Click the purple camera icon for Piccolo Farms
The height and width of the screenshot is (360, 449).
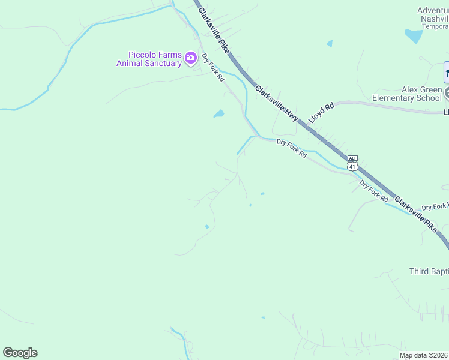coord(191,58)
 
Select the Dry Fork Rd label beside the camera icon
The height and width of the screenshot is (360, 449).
coord(213,67)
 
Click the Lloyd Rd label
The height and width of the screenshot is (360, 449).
coord(321,113)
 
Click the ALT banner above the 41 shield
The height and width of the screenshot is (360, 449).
coord(352,158)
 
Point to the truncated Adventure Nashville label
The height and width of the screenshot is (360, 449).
coord(433,14)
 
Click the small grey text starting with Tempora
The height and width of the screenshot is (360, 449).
coord(435,26)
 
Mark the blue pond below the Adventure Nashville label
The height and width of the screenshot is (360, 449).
coord(414,36)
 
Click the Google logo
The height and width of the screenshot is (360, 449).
coord(20,353)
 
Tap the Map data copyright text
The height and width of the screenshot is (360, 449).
coord(424,355)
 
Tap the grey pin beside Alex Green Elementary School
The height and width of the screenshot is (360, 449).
coord(447,92)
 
